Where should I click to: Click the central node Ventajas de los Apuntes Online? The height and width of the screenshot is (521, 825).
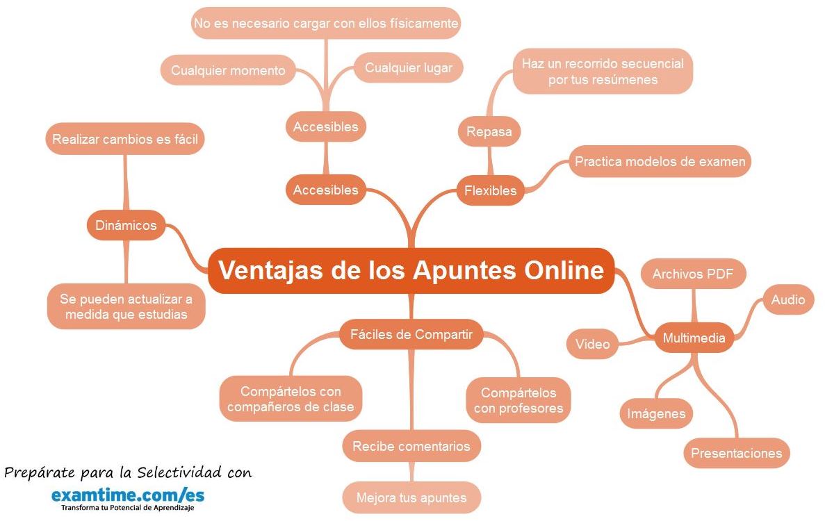[411, 270]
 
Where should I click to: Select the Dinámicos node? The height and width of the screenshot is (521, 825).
[126, 225]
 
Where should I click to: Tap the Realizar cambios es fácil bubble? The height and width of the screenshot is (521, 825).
[125, 139]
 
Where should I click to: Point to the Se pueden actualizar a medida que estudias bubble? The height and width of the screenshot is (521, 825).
[126, 306]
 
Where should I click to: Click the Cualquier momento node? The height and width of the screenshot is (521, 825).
[228, 70]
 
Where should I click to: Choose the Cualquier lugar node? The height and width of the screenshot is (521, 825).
[409, 67]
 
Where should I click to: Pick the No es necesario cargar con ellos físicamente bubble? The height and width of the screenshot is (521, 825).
[326, 24]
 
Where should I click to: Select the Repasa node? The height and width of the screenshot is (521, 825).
[489, 132]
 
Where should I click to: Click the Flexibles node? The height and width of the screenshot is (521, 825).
[491, 190]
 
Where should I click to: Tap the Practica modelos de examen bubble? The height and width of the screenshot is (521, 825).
[660, 162]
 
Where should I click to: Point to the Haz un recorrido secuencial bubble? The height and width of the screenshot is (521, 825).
[603, 72]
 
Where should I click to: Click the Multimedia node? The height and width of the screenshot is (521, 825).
[694, 338]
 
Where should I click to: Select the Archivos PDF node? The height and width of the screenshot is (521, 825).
[694, 274]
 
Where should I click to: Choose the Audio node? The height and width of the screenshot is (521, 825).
[788, 299]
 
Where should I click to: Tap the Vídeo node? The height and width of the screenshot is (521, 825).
[592, 344]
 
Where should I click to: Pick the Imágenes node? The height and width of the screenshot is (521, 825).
[656, 414]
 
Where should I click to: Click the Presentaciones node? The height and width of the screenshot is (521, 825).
[736, 454]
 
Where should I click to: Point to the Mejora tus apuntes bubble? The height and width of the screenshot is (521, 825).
[411, 497]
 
